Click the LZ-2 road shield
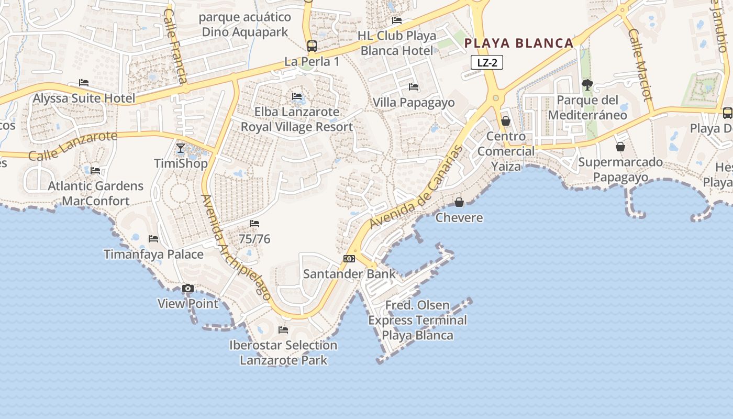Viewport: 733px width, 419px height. [487, 63]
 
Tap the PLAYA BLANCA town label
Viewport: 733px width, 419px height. [519, 43]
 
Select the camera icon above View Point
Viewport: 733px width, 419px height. [188, 289]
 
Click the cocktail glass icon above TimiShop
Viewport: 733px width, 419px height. [181, 148]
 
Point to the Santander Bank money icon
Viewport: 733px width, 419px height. [349, 259]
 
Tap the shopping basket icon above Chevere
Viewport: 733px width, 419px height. [459, 202]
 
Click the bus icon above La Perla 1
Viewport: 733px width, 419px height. [312, 46]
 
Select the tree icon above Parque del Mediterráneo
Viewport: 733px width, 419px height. [587, 84]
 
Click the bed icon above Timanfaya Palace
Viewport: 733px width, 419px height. [153, 239]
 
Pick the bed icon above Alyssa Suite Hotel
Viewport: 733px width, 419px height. [84, 83]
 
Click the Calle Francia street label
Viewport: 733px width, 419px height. [175, 46]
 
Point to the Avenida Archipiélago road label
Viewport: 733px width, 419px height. [236, 247]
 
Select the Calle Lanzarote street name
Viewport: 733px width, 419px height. [73, 146]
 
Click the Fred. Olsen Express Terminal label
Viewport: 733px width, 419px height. [417, 320]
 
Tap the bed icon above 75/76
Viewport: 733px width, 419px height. [254, 224]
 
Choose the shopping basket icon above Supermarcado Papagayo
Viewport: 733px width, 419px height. [620, 147]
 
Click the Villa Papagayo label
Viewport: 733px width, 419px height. [414, 102]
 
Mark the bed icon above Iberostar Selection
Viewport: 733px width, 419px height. [283, 330]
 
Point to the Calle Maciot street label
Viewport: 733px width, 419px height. [640, 64]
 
